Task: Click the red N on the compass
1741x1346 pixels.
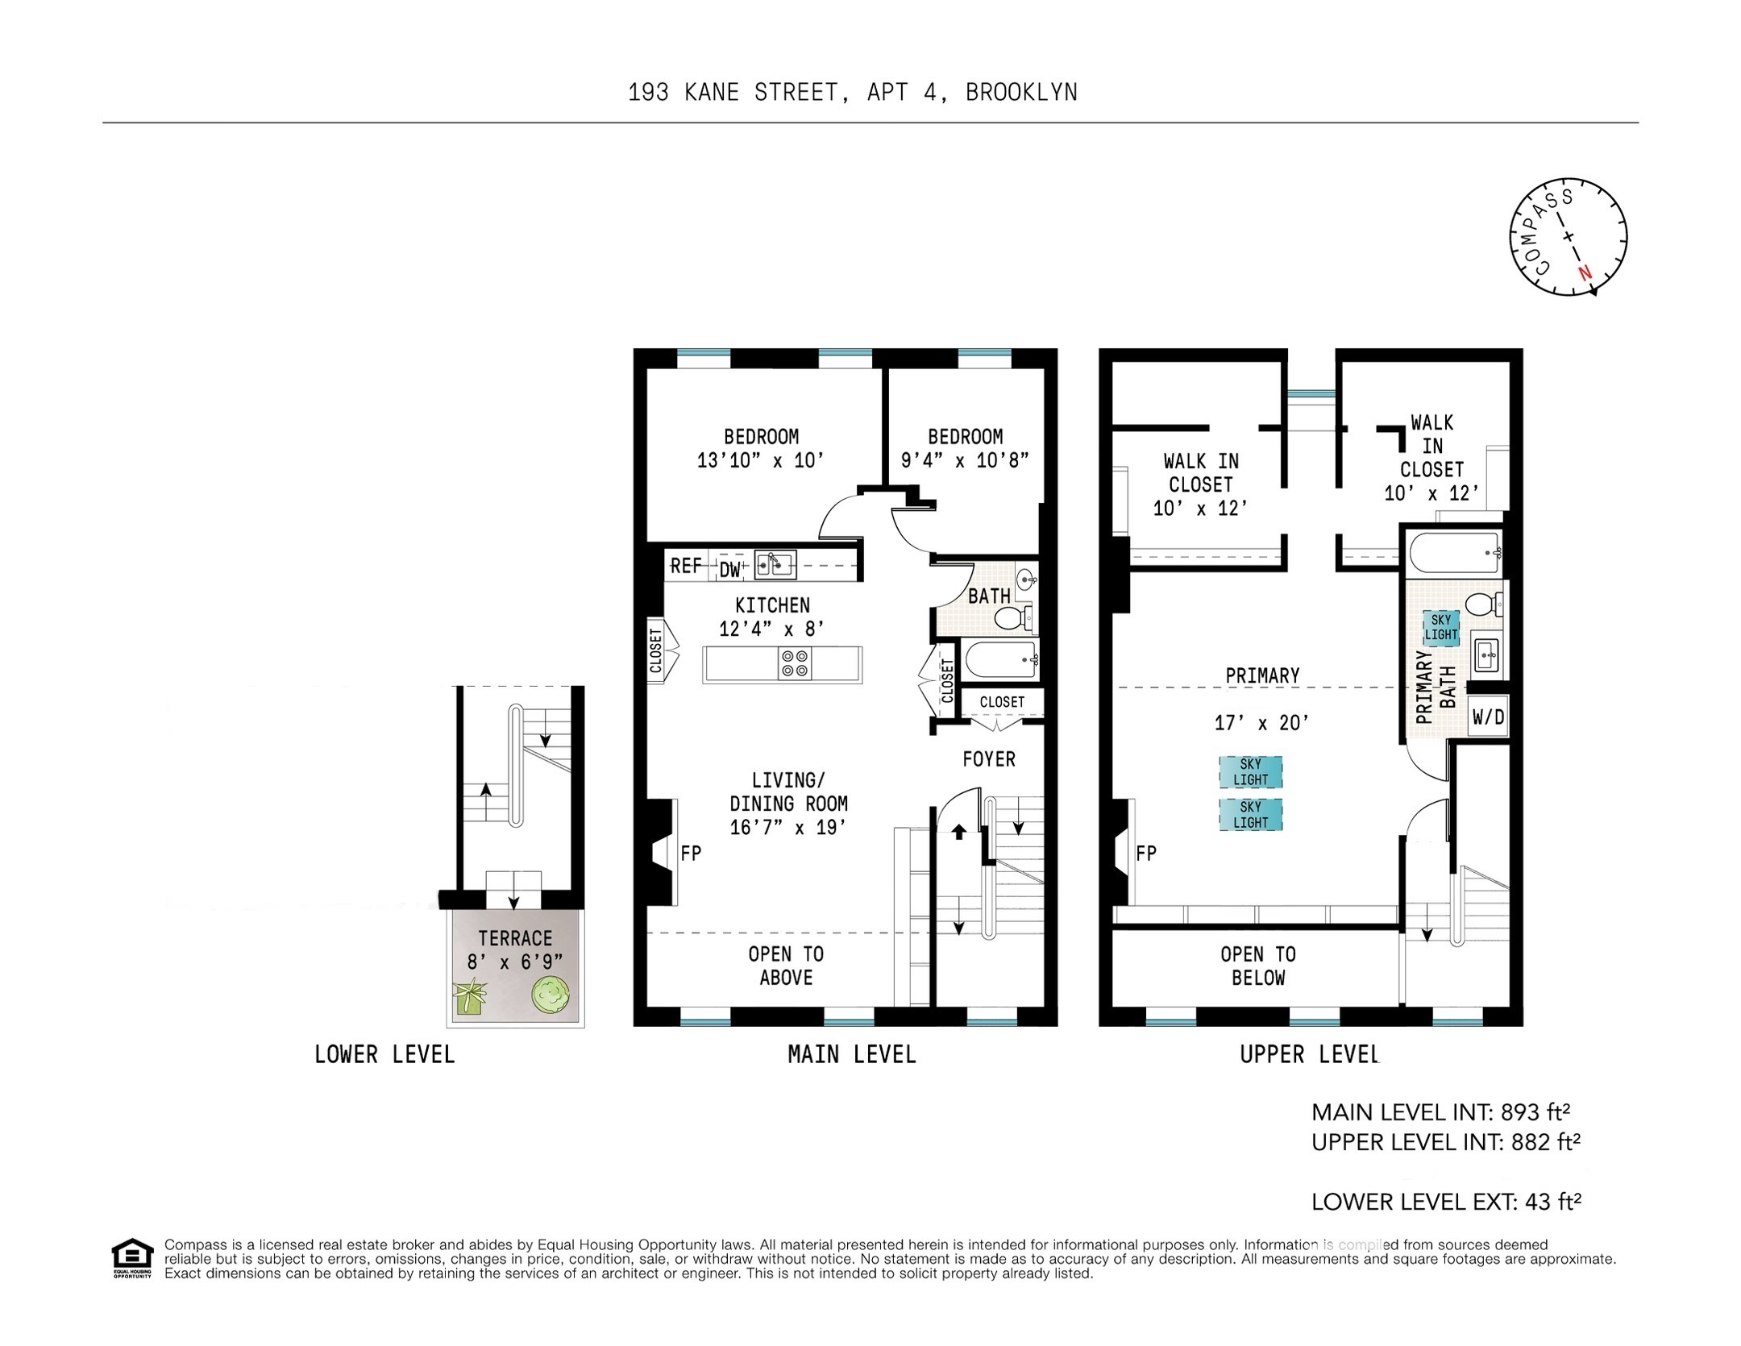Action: [1585, 272]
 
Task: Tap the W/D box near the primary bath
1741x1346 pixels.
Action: [1488, 717]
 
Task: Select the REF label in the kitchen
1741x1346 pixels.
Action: [686, 566]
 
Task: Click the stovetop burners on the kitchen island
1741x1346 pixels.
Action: [794, 663]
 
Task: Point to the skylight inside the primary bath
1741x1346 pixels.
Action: [1441, 627]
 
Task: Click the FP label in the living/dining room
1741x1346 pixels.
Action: [691, 853]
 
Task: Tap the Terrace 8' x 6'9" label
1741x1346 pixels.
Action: [515, 949]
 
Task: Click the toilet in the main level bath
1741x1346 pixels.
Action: [1012, 618]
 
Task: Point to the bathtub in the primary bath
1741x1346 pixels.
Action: [1455, 552]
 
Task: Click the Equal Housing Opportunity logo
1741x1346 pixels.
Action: [131, 1257]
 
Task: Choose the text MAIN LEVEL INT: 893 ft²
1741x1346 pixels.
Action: [1440, 1112]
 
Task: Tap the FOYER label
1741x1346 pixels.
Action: [989, 758]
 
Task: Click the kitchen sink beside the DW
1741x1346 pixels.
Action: [775, 564]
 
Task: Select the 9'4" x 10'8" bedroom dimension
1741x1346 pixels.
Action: [965, 460]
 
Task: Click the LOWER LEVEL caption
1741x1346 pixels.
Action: [384, 1054]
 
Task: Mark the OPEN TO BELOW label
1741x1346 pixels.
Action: [1257, 966]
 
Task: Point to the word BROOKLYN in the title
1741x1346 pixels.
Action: [1021, 93]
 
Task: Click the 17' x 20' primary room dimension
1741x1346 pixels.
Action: [1261, 723]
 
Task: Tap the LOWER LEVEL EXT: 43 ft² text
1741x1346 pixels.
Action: [1446, 1202]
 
